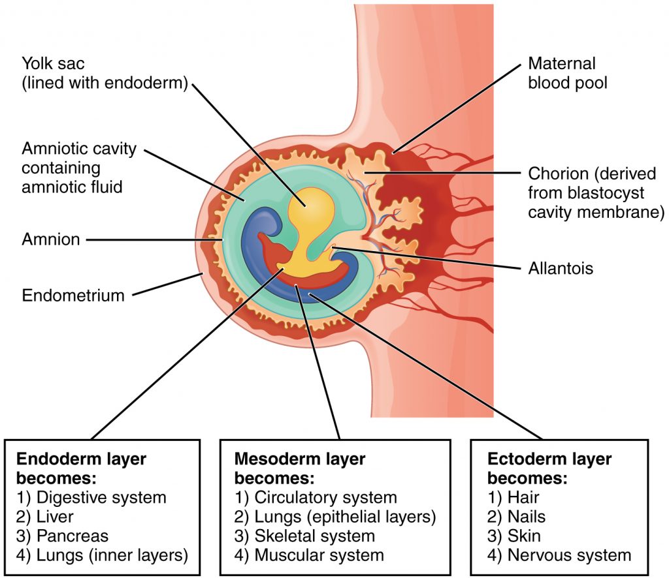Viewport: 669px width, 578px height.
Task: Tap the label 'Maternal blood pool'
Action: (562, 74)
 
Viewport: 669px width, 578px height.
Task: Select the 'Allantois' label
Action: (561, 268)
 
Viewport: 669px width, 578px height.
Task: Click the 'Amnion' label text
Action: (51, 239)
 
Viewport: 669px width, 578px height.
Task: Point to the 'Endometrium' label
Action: (73, 295)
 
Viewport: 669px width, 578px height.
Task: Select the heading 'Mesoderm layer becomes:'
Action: (299, 468)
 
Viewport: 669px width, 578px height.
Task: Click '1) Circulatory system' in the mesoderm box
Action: (316, 497)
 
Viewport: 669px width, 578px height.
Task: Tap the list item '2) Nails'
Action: (516, 517)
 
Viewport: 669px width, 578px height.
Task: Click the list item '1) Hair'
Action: (513, 497)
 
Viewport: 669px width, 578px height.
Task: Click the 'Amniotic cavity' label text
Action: (79, 148)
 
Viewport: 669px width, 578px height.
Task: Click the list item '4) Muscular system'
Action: (309, 555)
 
